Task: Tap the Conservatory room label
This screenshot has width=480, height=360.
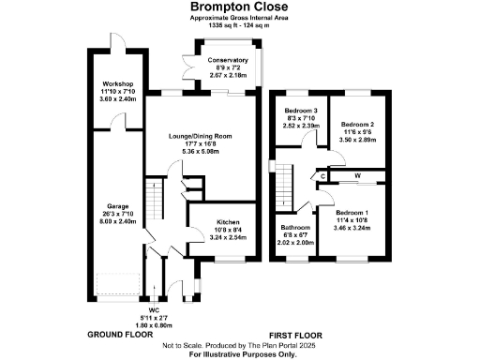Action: (229, 61)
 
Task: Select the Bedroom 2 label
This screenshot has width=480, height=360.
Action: (357, 124)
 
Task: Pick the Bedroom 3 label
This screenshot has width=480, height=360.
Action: (302, 112)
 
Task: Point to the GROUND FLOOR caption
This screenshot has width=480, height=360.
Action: (120, 335)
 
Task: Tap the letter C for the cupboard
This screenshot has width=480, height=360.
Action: (323, 175)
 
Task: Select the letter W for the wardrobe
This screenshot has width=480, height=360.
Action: (357, 174)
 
